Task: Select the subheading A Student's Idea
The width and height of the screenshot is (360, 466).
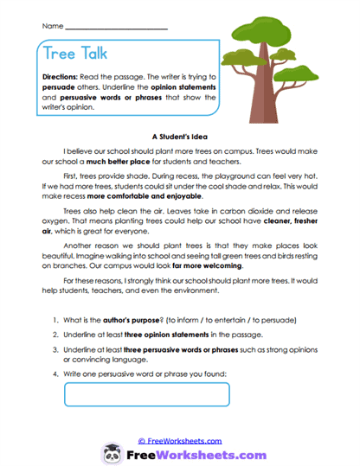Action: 179,136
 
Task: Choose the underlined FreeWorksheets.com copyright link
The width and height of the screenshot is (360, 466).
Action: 179,440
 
